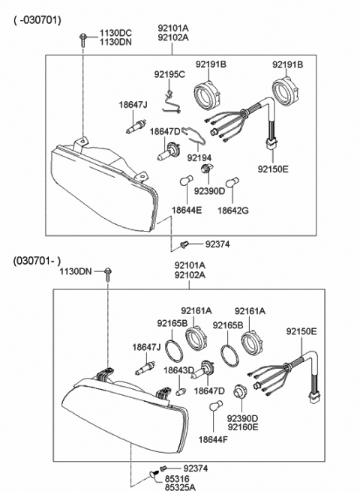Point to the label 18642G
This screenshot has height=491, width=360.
click(233, 211)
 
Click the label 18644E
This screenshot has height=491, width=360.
click(187, 211)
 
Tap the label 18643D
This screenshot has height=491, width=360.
click(179, 370)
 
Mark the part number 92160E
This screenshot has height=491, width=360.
click(242, 427)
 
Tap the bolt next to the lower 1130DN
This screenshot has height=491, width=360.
click(109, 271)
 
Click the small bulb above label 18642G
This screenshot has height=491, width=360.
click(232, 181)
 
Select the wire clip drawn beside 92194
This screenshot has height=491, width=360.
click(193, 136)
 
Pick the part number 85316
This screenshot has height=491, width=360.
click(176, 478)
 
